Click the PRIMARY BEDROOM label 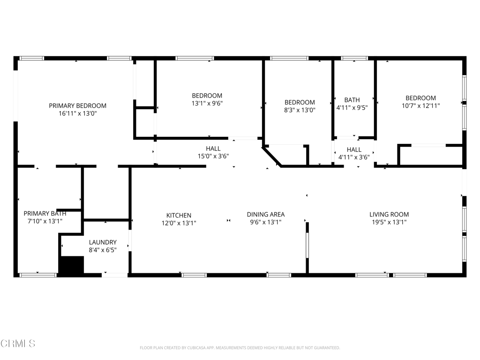tap(78, 105)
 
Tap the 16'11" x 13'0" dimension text tap(78, 113)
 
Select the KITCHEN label tap(179, 216)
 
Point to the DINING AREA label tap(266, 214)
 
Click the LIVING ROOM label tap(389, 214)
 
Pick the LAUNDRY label tap(103, 242)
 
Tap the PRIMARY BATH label tap(45, 213)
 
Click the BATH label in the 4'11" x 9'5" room tap(352, 100)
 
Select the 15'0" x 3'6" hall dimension tap(213, 156)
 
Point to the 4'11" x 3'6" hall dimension tap(354, 157)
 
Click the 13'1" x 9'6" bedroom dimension tap(207, 103)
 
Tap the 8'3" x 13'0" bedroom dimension tap(300, 110)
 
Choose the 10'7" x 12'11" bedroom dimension tap(420, 106)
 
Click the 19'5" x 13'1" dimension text tap(389, 222)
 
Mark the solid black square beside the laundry tap(71, 265)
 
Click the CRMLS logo tap(18, 343)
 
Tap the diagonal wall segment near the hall tap(271, 157)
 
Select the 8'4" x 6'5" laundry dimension tap(103, 250)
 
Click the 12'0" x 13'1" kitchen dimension tap(179, 223)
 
